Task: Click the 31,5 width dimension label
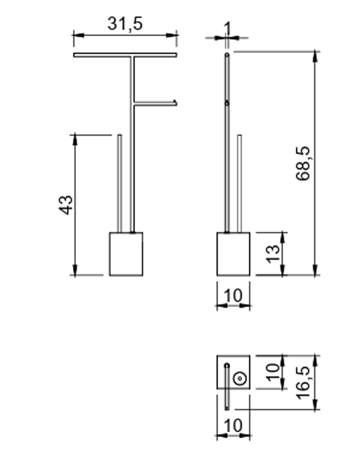click(125, 24)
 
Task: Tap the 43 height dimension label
click(65, 205)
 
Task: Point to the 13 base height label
click(273, 254)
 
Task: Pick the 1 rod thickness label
click(227, 28)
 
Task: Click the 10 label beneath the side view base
click(233, 296)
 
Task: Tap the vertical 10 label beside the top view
click(273, 372)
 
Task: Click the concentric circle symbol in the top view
click(240, 378)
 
